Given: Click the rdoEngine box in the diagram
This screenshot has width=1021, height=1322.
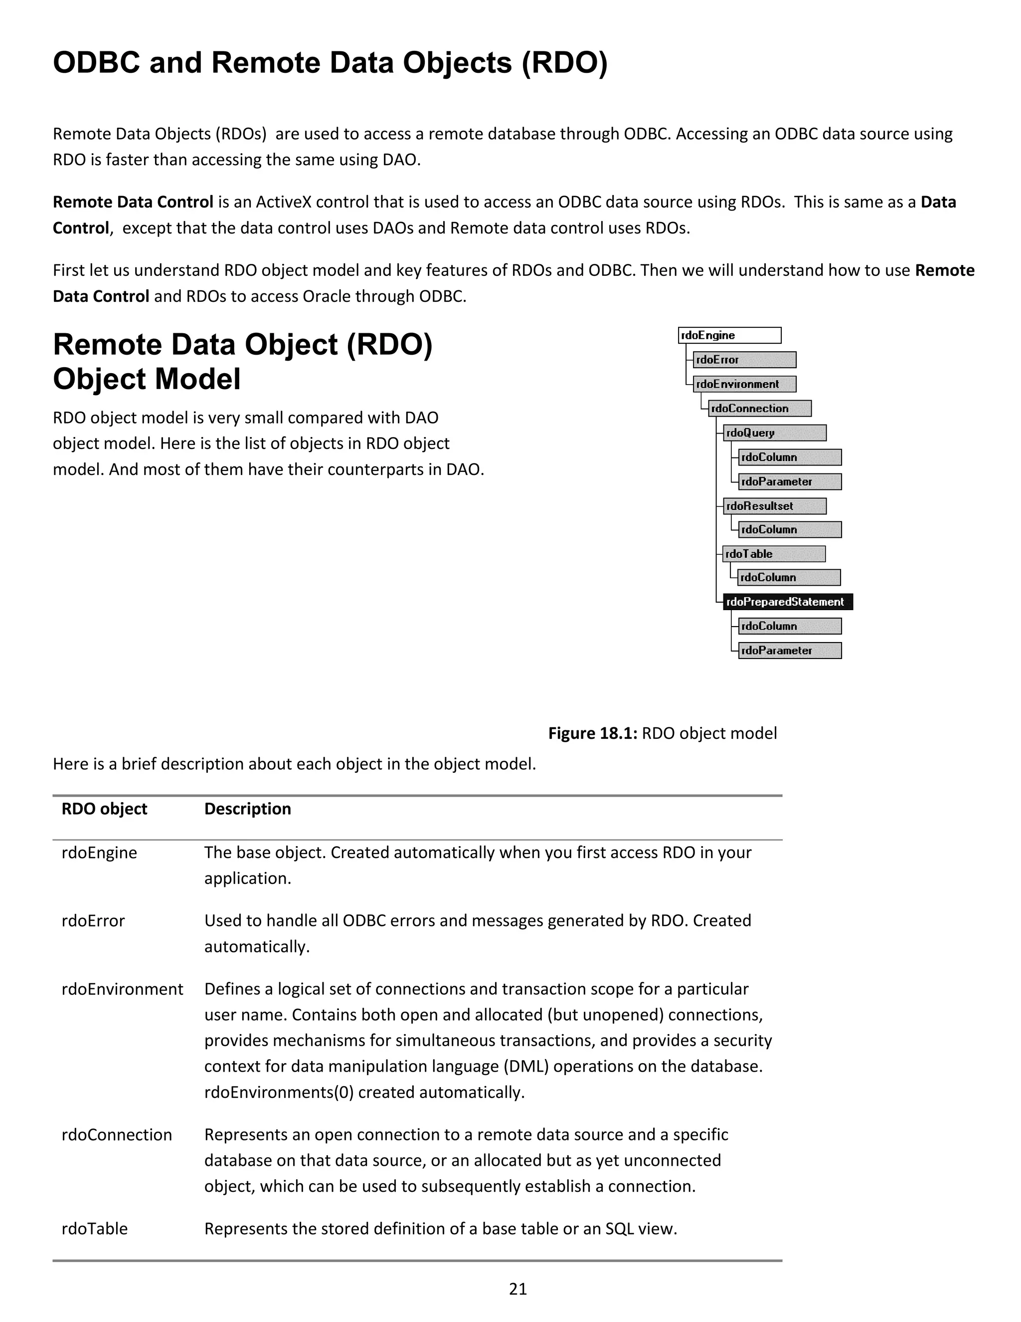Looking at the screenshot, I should point(729,335).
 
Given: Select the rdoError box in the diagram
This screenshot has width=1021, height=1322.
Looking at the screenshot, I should point(744,360).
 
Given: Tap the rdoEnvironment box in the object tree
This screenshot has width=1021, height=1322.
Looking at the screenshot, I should point(744,384).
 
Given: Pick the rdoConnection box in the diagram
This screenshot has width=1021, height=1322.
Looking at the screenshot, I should point(760,409).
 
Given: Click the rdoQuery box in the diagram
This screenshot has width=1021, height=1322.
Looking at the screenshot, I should point(774,433).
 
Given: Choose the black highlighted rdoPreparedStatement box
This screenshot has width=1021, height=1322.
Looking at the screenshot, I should point(788,602).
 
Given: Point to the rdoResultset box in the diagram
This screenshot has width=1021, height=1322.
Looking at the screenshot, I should point(774,506).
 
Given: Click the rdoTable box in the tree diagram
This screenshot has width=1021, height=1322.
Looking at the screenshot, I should point(773,554).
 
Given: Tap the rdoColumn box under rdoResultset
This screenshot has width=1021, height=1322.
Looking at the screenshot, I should point(789,530).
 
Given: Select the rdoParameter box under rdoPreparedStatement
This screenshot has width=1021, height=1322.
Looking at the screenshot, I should point(789,651).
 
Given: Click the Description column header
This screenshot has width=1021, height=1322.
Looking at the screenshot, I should point(247,809).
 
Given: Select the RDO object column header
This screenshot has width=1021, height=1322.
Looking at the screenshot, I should point(104,809).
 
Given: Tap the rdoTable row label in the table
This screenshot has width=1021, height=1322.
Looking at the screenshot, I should point(94,1229).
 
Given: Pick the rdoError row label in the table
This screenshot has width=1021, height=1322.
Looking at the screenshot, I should point(93,921).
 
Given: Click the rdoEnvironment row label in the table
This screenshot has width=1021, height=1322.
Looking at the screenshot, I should point(122,989).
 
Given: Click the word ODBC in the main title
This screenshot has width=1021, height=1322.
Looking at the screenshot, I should point(97,63).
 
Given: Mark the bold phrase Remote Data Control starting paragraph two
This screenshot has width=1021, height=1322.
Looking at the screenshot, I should point(133,202).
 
